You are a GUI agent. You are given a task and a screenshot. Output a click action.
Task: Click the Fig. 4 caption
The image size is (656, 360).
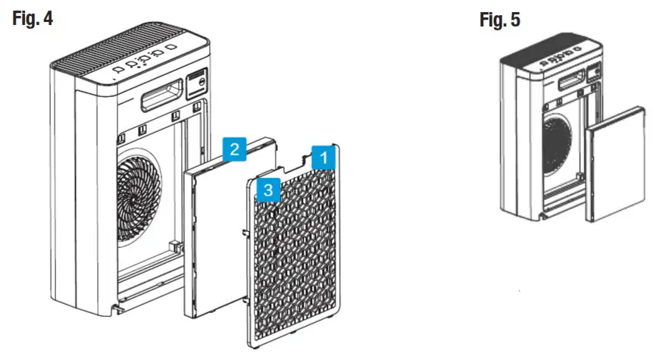(x=33, y=18)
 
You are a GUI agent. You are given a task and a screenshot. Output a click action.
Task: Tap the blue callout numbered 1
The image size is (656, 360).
(x=321, y=158)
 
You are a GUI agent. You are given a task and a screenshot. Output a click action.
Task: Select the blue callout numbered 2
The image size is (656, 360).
(x=236, y=149)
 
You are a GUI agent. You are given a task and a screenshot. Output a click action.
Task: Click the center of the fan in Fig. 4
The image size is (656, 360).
(x=138, y=193)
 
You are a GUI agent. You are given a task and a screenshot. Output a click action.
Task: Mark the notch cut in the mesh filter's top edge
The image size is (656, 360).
(x=295, y=161)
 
